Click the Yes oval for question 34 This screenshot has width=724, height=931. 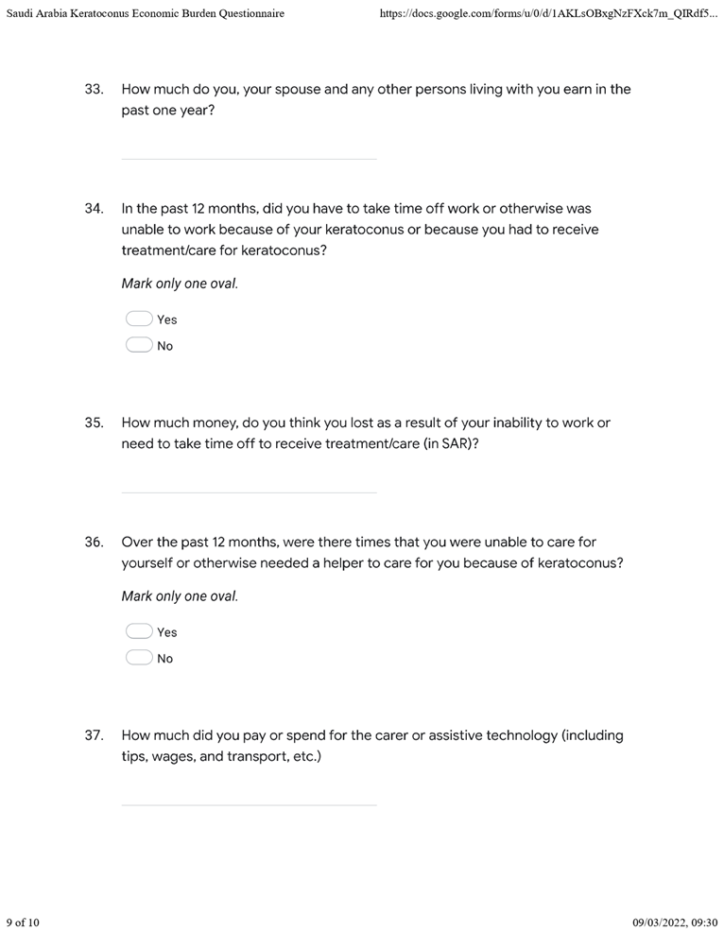(x=139, y=319)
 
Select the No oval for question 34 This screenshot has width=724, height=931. (x=139, y=346)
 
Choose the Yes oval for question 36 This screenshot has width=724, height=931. (x=139, y=632)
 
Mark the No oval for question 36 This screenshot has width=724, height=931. (x=139, y=659)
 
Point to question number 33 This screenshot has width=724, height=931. (x=94, y=90)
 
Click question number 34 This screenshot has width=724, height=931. (x=94, y=208)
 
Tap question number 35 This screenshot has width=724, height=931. (x=94, y=423)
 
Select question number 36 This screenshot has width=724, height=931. (x=94, y=543)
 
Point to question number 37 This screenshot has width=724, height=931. (x=94, y=735)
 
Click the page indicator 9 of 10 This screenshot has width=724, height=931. (x=23, y=922)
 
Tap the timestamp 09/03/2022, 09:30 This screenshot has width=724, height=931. (x=675, y=922)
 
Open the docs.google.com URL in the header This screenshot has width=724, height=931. (x=546, y=14)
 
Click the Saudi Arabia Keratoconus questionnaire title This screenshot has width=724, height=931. (x=145, y=14)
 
